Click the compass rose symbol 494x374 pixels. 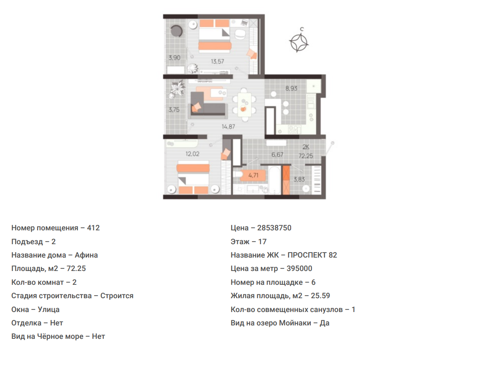tap(299, 43)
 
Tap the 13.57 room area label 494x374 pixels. tap(218, 62)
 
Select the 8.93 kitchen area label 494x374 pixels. tap(291, 89)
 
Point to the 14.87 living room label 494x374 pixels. tap(228, 127)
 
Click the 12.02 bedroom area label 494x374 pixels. tap(192, 154)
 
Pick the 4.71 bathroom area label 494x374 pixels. tap(253, 175)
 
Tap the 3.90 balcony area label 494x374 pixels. tap(174, 58)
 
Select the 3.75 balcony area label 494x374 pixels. tap(174, 110)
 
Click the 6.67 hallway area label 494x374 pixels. tap(277, 155)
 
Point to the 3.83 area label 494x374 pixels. tap(299, 179)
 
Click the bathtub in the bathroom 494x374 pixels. tap(274, 180)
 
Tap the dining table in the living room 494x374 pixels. tap(244, 105)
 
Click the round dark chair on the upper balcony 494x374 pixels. tap(176, 31)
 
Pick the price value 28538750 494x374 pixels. tap(274, 228)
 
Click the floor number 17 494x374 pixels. tap(262, 242)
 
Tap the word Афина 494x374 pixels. tap(86, 255)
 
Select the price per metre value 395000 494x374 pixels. tap(299, 269)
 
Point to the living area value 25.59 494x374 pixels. tap(320, 296)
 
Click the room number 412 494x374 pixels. tap(93, 228)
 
